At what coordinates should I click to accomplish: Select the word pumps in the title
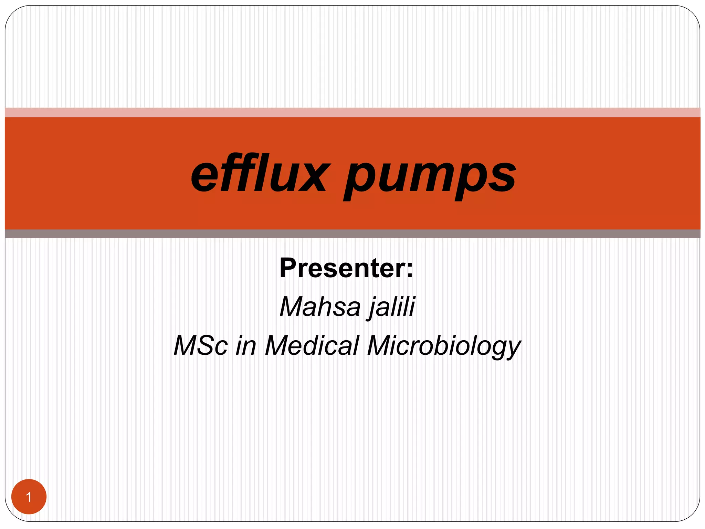click(430, 177)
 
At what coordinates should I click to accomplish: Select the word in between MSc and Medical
click(246, 345)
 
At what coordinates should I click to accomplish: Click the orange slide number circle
click(29, 497)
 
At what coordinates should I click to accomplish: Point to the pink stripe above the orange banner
click(352, 113)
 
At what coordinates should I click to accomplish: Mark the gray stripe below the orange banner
click(352, 234)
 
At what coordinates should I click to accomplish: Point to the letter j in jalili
click(372, 307)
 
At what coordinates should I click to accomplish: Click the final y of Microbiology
click(513, 349)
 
